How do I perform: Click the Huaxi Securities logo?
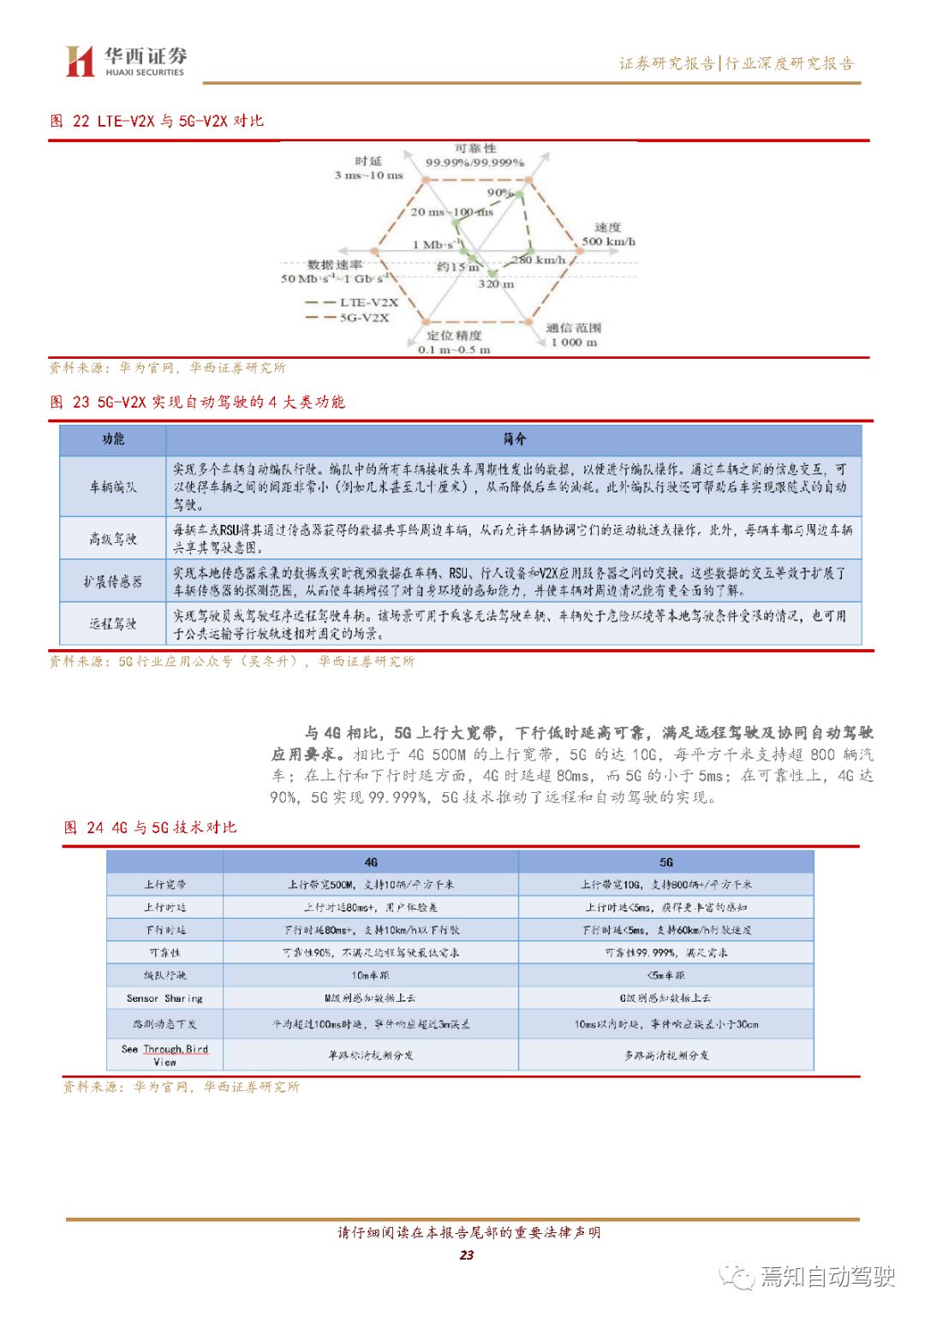pyautogui.click(x=126, y=62)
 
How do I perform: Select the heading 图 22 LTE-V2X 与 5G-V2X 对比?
pyautogui.click(x=157, y=121)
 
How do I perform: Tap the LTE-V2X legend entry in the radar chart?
pyautogui.click(x=352, y=302)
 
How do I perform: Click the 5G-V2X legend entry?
pyautogui.click(x=348, y=318)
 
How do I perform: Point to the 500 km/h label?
pyautogui.click(x=608, y=241)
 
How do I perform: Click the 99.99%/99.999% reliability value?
pyautogui.click(x=474, y=163)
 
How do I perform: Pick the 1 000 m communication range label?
pyautogui.click(x=574, y=343)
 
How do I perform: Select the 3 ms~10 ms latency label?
pyautogui.click(x=368, y=176)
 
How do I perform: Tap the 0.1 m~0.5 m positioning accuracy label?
pyautogui.click(x=454, y=349)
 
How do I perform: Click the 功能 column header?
pyautogui.click(x=113, y=439)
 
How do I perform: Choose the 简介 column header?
pyautogui.click(x=514, y=439)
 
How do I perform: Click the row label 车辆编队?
pyautogui.click(x=113, y=486)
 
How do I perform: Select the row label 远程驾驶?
pyautogui.click(x=113, y=623)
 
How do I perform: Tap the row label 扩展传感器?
pyautogui.click(x=113, y=581)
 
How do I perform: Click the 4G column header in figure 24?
pyautogui.click(x=371, y=862)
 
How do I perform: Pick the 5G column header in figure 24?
pyautogui.click(x=666, y=862)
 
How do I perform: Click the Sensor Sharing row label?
pyautogui.click(x=164, y=998)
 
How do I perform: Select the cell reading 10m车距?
pyautogui.click(x=371, y=975)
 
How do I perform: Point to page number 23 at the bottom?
pyautogui.click(x=466, y=1255)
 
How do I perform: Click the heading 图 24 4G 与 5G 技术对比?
pyautogui.click(x=150, y=827)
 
